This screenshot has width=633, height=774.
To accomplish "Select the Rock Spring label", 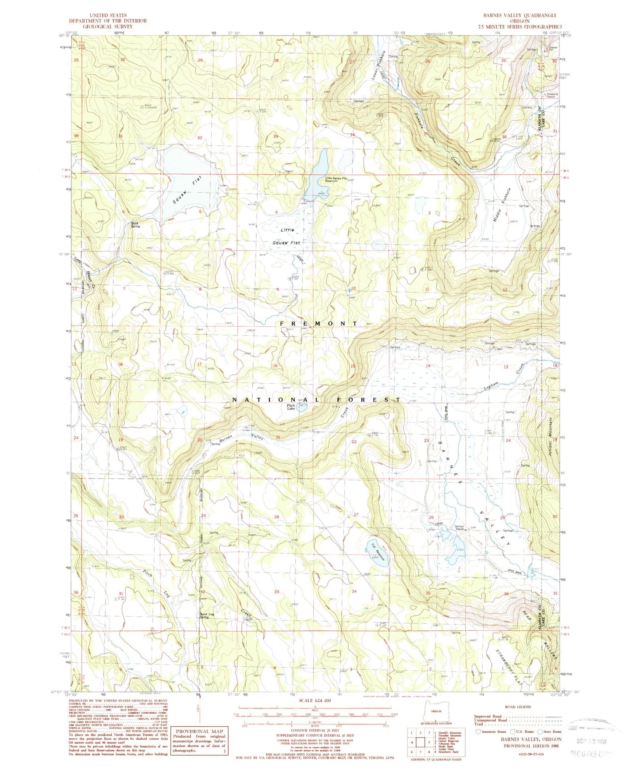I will [135, 225].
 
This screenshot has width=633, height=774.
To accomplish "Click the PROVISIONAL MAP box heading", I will [200, 732].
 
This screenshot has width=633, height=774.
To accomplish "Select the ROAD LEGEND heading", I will [518, 707].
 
